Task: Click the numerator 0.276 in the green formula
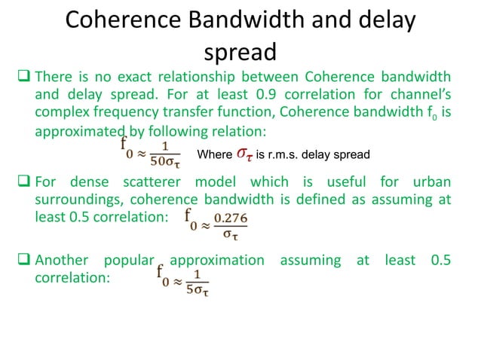click(230, 218)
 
